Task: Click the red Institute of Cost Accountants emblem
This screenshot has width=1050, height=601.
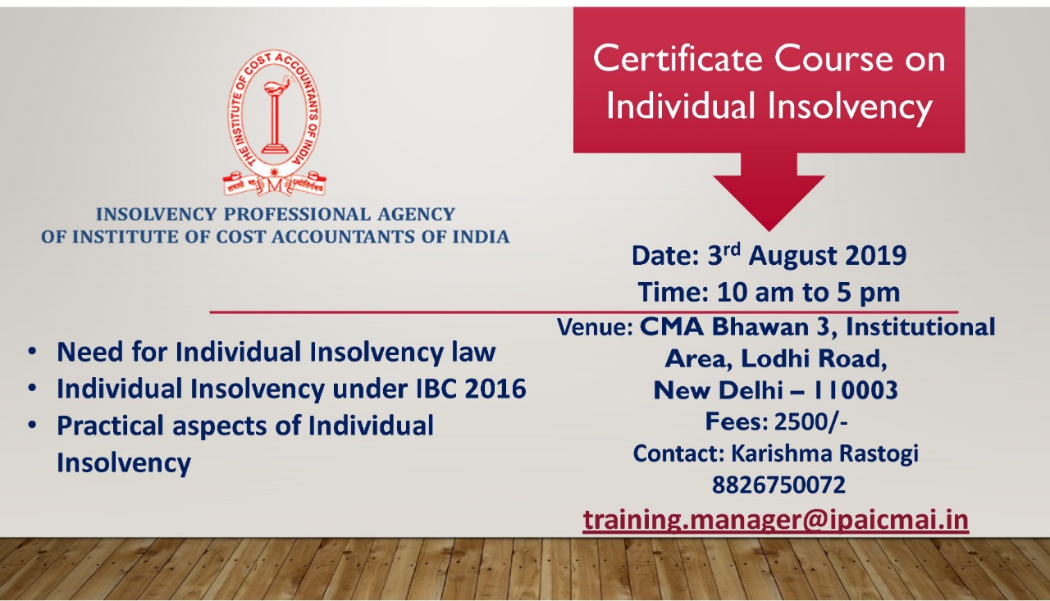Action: (275, 123)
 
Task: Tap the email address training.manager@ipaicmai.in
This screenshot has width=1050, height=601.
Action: (776, 520)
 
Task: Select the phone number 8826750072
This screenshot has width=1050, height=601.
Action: (778, 485)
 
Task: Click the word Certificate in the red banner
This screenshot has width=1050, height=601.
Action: (678, 58)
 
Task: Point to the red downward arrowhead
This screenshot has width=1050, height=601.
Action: (769, 203)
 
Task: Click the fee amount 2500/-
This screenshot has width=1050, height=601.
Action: (811, 421)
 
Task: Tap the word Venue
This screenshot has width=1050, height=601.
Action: (595, 327)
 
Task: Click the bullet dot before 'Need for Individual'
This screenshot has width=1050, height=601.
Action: (32, 351)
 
